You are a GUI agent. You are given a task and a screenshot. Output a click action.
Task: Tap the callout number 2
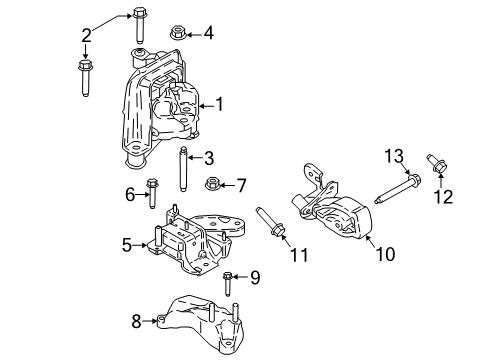point(86,35)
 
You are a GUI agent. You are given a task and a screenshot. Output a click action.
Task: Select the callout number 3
point(209,157)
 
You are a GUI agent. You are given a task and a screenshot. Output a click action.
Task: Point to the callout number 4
point(208,33)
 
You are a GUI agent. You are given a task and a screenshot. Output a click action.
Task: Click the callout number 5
point(127,243)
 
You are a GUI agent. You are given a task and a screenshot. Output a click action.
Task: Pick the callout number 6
point(130,194)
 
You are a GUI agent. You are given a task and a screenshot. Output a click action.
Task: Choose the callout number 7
point(241,184)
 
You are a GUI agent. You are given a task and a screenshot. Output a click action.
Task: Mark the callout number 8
point(137,321)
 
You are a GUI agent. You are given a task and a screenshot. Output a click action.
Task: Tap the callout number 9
point(255,277)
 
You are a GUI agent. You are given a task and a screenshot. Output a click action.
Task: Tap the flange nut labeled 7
point(213,184)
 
